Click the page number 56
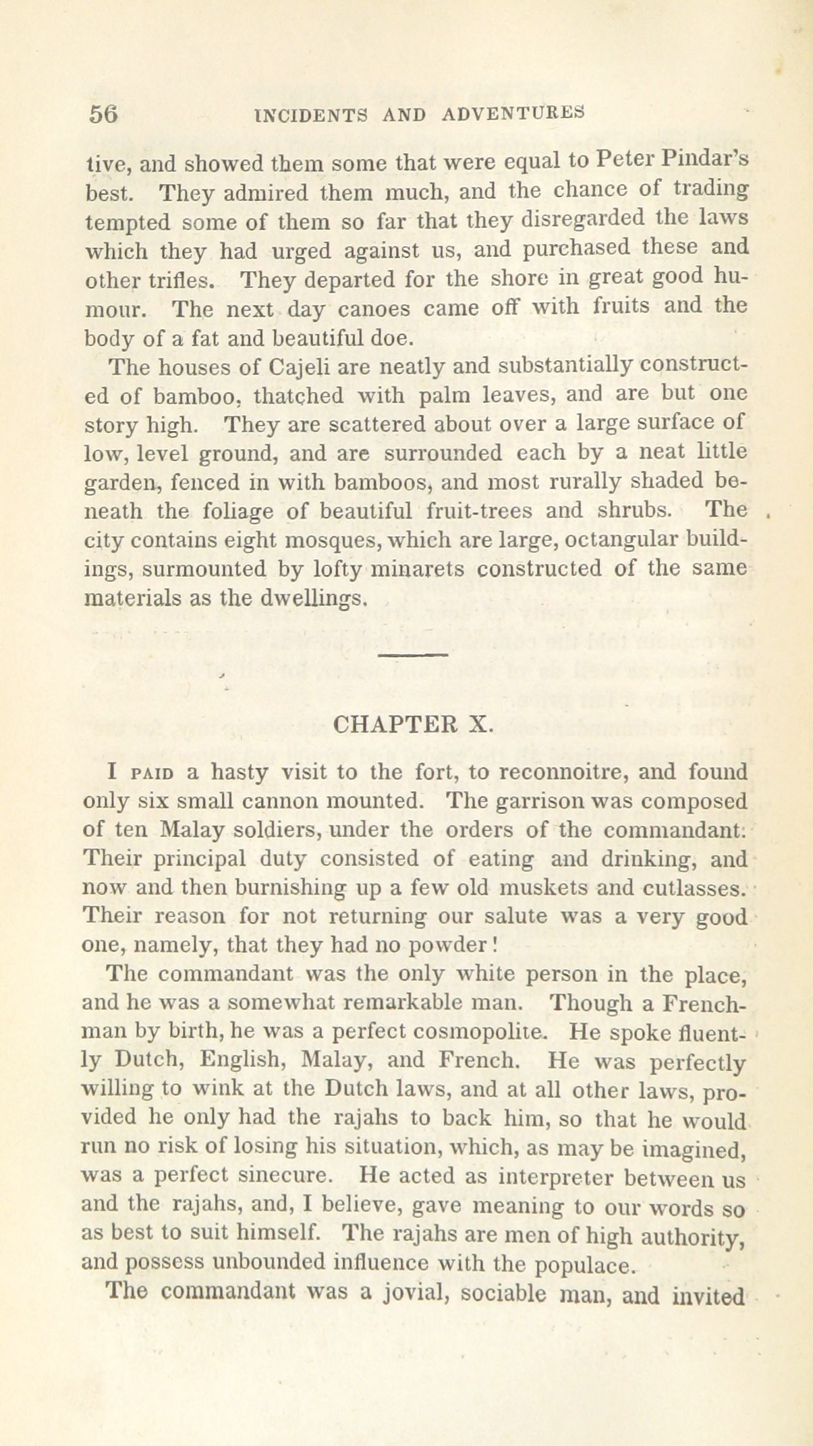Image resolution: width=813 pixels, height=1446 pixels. click(x=103, y=114)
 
